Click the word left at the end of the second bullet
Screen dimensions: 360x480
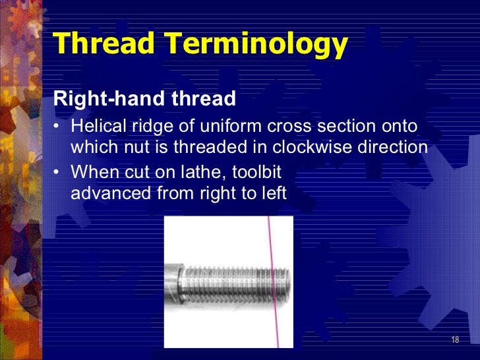[275, 193]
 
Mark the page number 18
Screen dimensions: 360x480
[455, 340]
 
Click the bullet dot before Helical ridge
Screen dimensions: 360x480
[58, 127]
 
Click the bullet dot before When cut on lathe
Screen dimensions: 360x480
[58, 173]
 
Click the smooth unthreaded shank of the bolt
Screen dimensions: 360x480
[173, 280]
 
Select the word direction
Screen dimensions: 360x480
[397, 146]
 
